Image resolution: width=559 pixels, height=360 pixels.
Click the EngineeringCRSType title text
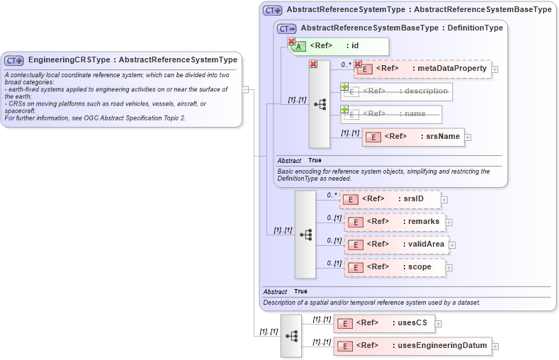132,60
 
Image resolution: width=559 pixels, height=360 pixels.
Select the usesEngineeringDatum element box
413,346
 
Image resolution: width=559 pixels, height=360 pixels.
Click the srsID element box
390,199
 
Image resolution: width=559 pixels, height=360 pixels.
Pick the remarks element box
395,222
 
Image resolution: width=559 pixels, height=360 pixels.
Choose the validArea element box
397,244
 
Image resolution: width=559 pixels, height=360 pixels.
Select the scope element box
395,267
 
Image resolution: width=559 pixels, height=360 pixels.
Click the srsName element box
413,137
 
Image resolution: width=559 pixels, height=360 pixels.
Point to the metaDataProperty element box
422,69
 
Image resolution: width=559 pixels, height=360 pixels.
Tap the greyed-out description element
397,91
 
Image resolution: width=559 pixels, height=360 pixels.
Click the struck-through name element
391,114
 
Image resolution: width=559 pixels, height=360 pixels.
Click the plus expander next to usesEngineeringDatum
495,347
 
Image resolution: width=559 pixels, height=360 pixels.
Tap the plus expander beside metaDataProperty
495,69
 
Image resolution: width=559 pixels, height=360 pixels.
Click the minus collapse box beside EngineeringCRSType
246,89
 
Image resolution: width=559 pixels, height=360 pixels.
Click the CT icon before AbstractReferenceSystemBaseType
287,28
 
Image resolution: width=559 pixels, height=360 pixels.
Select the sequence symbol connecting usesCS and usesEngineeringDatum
290,334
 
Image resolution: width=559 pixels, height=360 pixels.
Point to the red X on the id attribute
291,42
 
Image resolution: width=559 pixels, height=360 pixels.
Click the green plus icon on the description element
345,86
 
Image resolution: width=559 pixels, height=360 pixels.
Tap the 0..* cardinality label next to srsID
332,194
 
